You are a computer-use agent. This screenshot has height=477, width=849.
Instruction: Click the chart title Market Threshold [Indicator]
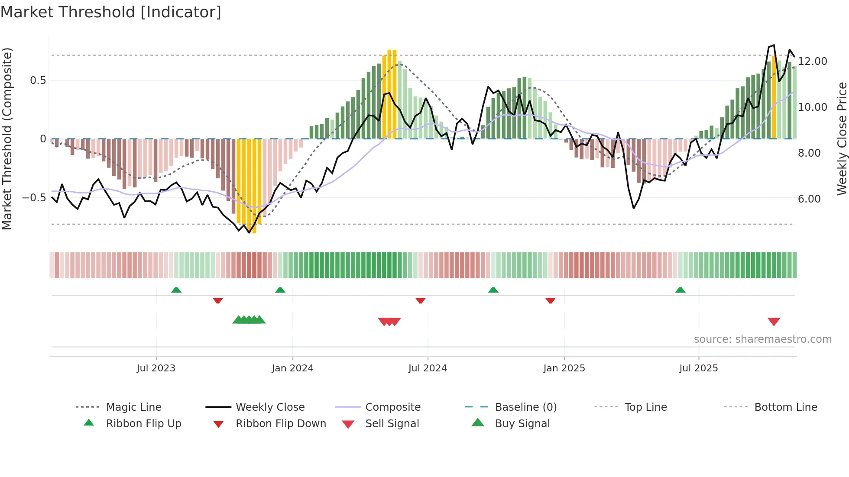(x=111, y=12)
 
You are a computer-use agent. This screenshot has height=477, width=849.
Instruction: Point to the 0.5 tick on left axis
(x=38, y=81)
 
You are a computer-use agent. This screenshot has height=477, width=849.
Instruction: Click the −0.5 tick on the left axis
(x=34, y=198)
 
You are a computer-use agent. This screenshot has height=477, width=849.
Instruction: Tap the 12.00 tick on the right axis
(x=813, y=61)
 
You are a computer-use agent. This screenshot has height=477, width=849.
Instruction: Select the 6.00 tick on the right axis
(x=809, y=199)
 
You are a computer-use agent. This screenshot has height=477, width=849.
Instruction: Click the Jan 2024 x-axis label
(x=292, y=368)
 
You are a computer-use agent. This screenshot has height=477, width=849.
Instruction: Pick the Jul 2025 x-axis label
(x=698, y=368)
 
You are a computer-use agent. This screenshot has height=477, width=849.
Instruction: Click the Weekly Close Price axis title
(x=842, y=139)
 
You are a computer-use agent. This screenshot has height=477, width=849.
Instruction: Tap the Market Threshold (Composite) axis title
(x=7, y=139)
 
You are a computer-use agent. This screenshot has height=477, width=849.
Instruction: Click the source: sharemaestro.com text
(x=762, y=339)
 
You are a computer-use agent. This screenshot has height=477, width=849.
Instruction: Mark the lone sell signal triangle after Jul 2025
(x=774, y=322)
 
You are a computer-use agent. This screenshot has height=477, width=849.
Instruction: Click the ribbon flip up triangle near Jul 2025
(x=680, y=290)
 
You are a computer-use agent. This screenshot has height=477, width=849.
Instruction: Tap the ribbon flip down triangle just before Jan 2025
(x=550, y=300)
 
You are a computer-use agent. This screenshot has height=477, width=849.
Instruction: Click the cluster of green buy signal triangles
(x=249, y=320)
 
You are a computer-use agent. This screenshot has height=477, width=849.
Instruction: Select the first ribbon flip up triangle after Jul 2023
(x=176, y=290)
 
